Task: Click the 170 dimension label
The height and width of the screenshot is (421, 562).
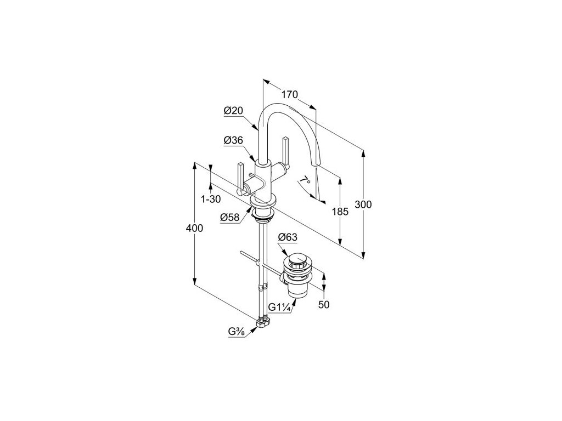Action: [289, 94]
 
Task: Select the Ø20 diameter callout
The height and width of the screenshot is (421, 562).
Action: [233, 111]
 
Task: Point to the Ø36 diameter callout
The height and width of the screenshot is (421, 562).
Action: [233, 141]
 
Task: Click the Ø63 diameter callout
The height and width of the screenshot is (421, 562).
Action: [288, 237]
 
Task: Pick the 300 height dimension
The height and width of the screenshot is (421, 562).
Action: [363, 204]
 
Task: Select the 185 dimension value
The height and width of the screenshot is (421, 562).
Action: [340, 211]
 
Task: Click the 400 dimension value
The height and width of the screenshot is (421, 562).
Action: [194, 228]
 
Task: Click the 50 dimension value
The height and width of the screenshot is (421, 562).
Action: [324, 305]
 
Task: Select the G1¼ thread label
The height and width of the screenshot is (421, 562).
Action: [279, 308]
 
